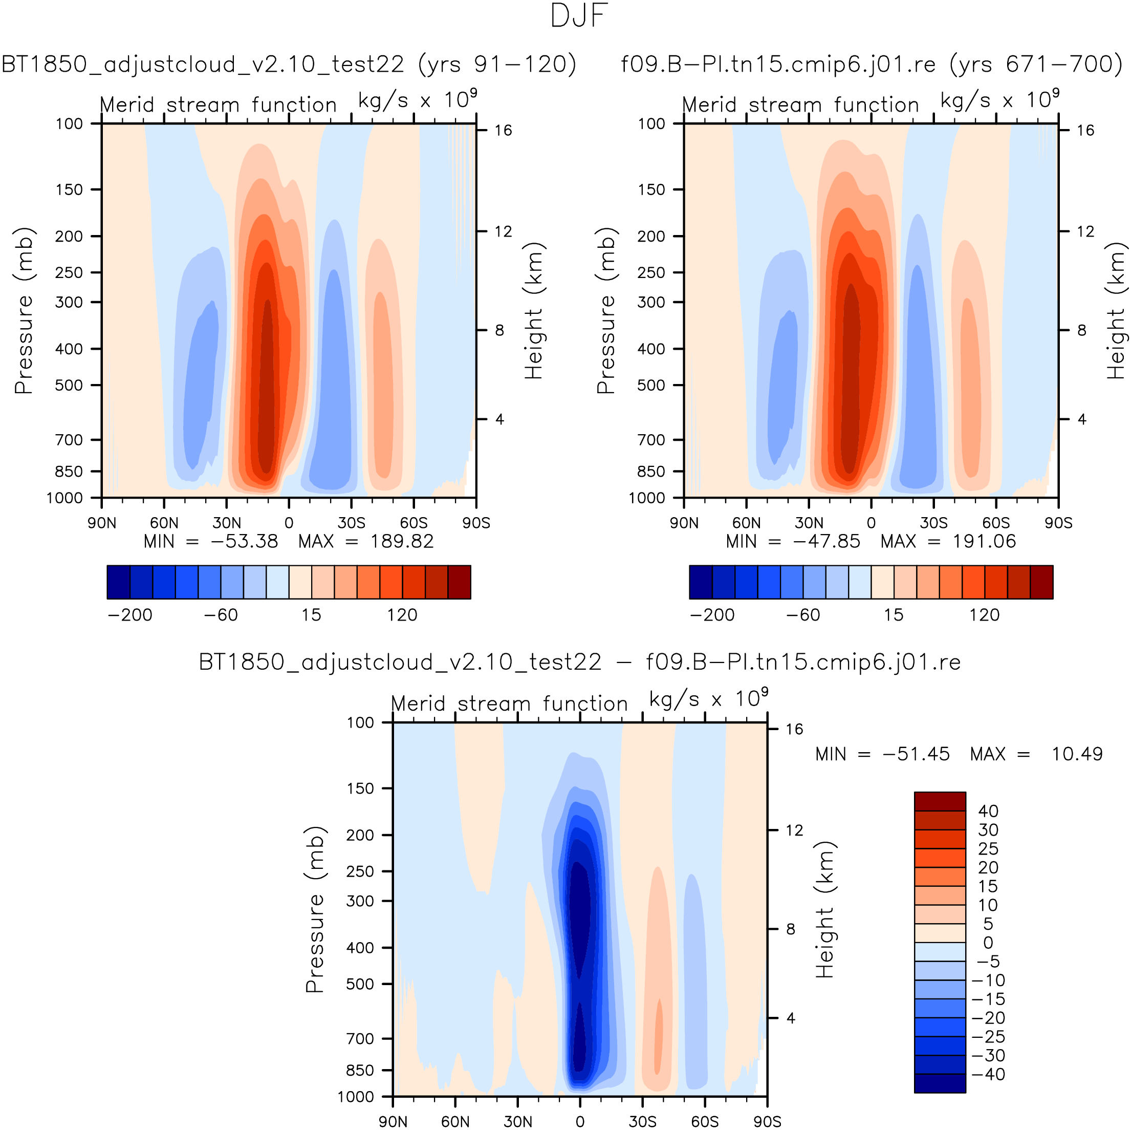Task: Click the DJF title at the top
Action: [579, 16]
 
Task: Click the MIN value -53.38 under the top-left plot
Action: [244, 541]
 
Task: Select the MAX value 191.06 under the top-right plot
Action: [984, 541]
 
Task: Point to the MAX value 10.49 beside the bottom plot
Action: [1077, 754]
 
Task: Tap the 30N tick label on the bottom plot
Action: [518, 1121]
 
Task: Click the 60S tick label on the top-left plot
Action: [413, 523]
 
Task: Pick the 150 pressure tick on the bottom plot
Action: [360, 788]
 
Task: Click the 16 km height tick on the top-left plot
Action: [503, 130]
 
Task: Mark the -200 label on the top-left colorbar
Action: [130, 615]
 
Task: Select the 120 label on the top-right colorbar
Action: [984, 615]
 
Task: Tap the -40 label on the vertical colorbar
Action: [988, 1074]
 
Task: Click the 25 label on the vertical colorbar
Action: [988, 849]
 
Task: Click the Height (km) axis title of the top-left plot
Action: [533, 311]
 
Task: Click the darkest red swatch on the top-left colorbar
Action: [460, 582]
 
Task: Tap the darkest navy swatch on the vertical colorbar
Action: [940, 1083]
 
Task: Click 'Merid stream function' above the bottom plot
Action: [509, 703]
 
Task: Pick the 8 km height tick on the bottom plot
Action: [791, 929]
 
